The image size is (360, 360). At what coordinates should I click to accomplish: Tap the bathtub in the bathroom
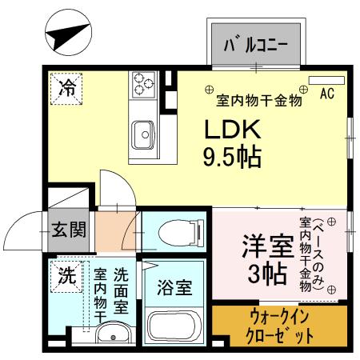174,326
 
